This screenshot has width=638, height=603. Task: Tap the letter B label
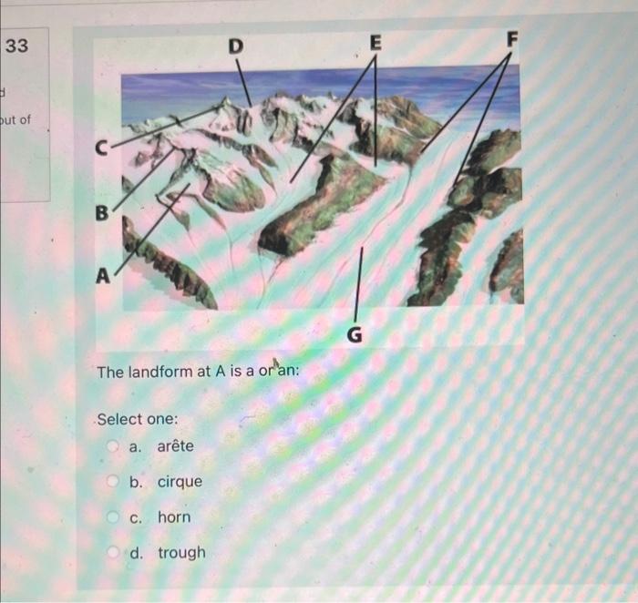102,213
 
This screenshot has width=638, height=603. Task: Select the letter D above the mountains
236,45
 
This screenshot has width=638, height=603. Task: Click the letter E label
376,42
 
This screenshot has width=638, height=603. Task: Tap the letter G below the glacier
355,336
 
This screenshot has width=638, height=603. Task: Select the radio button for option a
114,446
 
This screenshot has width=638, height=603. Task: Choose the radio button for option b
114,482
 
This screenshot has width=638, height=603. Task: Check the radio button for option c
114,517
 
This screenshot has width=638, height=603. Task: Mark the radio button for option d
114,553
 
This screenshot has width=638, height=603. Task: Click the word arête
175,446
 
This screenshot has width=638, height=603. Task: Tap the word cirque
180,482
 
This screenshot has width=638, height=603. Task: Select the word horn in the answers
174,517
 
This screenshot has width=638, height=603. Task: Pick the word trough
181,553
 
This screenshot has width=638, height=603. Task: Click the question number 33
17,46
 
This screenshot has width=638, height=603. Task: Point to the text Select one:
138,419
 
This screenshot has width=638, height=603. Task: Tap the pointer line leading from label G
358,282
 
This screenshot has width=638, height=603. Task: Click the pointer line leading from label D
243,82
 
